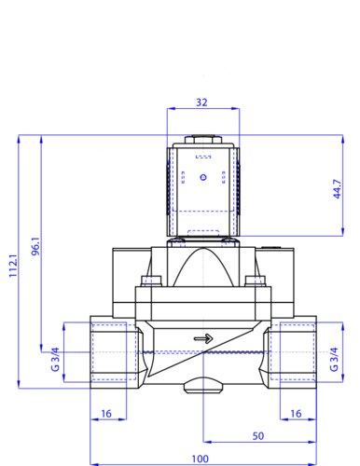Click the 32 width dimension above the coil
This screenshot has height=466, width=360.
click(x=201, y=103)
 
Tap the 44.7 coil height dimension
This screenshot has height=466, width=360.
click(x=338, y=189)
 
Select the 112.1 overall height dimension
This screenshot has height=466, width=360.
click(x=14, y=265)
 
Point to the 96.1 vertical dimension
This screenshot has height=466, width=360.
click(x=36, y=246)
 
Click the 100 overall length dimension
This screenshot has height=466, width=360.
click(x=200, y=459)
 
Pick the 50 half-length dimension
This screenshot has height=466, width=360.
click(x=258, y=436)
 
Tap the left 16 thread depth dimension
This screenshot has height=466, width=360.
click(x=106, y=414)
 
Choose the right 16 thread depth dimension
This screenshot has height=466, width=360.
click(x=296, y=414)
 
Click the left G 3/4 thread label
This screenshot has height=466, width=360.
click(x=55, y=359)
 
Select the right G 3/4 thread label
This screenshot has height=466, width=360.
click(x=334, y=359)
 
